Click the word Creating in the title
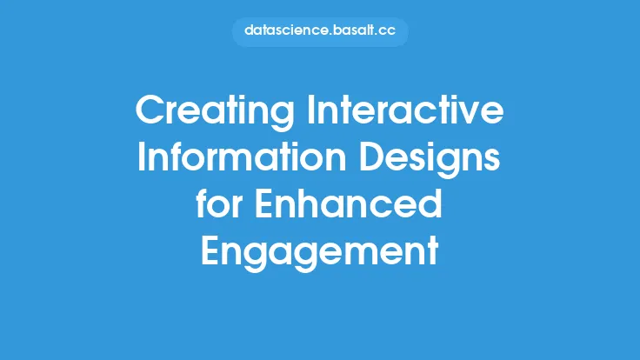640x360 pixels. (215, 112)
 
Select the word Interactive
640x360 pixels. (405, 110)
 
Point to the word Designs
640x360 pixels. (430, 160)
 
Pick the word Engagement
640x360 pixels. (320, 253)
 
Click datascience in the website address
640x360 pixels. (286, 30)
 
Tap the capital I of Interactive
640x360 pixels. (310, 110)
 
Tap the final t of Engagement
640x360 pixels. (433, 250)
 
